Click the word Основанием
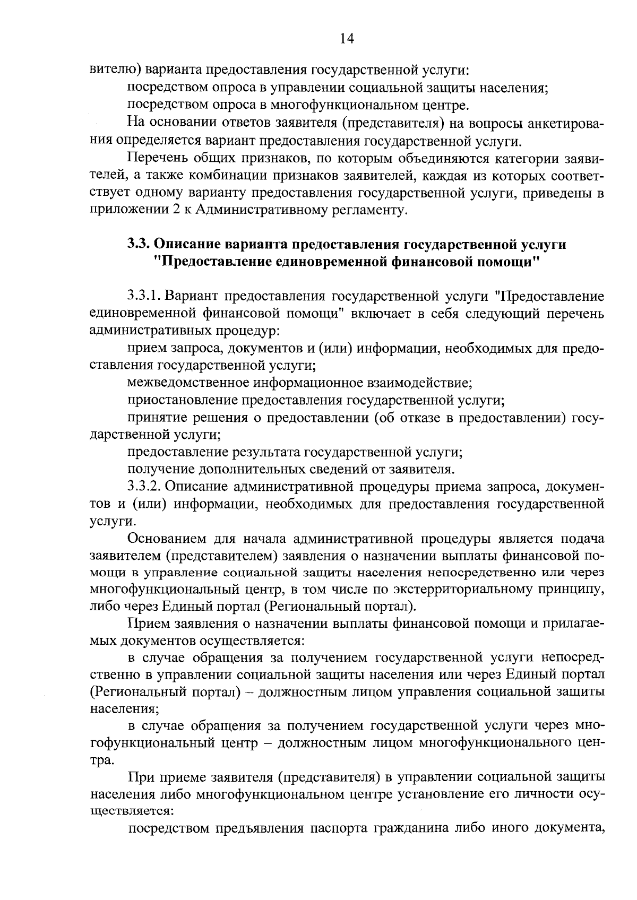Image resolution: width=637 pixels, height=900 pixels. [x=165, y=539]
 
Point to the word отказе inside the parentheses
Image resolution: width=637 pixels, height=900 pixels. [x=422, y=418]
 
